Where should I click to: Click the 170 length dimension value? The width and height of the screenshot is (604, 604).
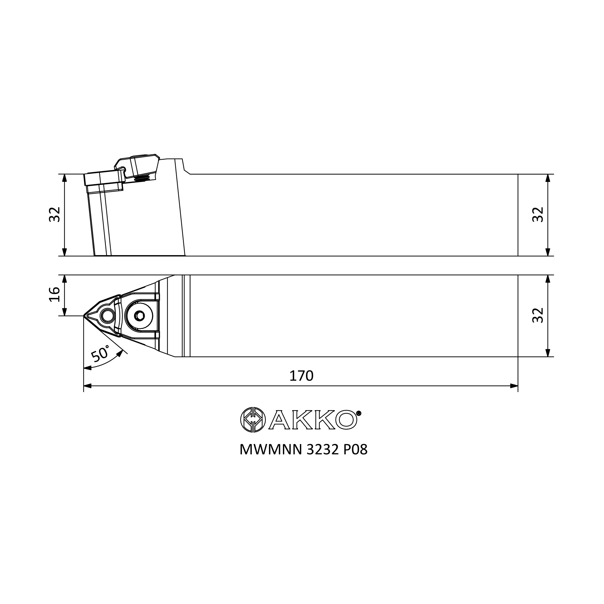click(301, 376)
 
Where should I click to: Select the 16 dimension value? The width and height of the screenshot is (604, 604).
click(55, 294)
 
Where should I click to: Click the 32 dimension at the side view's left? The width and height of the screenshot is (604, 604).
click(55, 214)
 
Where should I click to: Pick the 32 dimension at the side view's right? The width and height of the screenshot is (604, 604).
click(538, 214)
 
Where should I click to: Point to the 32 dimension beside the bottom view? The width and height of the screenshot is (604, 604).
click(538, 316)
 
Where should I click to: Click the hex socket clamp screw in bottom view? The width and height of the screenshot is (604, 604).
click(140, 316)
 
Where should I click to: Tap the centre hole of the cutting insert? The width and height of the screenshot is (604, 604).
click(108, 316)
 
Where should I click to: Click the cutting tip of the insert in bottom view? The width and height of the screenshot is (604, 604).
click(84, 316)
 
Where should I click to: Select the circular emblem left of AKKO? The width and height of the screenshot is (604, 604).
click(253, 420)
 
